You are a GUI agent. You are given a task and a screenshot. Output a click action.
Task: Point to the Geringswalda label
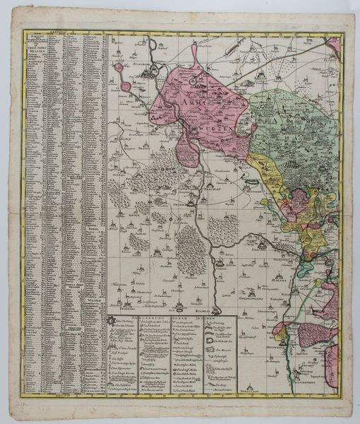point(263,290)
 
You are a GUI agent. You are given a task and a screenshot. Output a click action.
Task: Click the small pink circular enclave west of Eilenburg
point(126,87)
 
